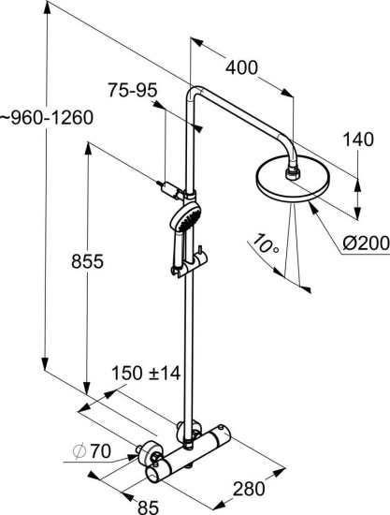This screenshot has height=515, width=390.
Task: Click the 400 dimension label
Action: tap(241, 68)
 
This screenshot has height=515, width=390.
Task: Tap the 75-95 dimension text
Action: tap(133, 90)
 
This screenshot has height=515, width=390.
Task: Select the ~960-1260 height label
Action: tap(46, 118)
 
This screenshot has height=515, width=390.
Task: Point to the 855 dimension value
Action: tap(87, 261)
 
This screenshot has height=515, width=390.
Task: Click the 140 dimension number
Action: tap(358, 140)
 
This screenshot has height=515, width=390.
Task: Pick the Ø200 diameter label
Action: tap(366, 243)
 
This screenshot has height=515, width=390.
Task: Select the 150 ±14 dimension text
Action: tap(146, 373)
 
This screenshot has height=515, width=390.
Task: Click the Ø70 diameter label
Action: tap(93, 451)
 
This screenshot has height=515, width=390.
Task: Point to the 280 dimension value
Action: tap(249, 489)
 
